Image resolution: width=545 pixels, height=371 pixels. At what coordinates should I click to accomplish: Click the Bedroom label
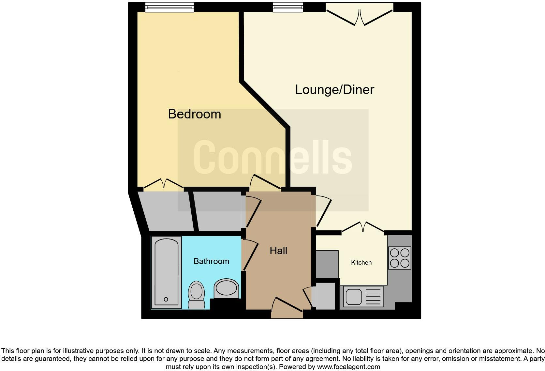[195, 114]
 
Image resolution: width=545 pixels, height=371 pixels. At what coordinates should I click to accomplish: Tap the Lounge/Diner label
[334, 90]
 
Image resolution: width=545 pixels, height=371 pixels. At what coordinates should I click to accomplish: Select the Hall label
[278, 251]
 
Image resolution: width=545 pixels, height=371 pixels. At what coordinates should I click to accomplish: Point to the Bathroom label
[211, 261]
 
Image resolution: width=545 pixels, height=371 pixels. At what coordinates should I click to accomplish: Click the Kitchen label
[361, 263]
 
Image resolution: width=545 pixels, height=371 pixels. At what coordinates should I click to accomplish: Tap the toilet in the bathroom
[196, 295]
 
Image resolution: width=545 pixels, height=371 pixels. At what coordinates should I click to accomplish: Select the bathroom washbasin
[226, 288]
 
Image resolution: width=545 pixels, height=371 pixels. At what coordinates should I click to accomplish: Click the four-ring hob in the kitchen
[400, 258]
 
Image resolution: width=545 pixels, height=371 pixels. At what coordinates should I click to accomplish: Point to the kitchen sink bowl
[353, 296]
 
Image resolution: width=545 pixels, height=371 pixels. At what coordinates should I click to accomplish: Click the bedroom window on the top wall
[169, 7]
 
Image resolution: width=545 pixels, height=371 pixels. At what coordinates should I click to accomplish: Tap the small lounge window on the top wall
[287, 7]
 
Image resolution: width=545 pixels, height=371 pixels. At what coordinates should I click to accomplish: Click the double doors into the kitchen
[363, 227]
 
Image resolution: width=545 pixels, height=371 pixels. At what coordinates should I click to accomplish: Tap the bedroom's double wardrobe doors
[164, 184]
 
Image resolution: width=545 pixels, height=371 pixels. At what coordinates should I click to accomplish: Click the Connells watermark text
[272, 157]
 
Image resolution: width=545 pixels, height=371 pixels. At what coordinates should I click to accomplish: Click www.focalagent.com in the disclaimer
[348, 367]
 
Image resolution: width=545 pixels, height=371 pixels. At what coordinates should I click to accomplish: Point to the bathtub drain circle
[166, 299]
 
